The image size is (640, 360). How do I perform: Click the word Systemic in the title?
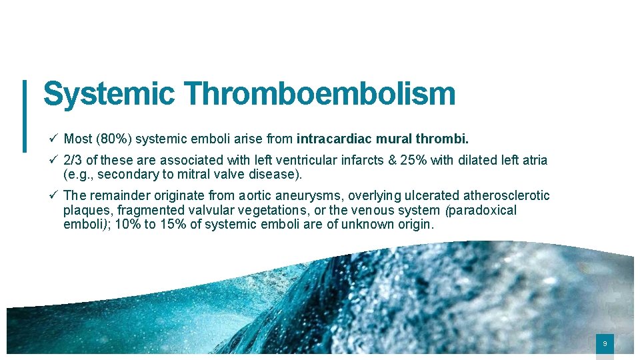[x=108, y=94]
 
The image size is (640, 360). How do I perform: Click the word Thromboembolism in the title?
[x=319, y=94]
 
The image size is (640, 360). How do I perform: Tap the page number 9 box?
[x=605, y=344]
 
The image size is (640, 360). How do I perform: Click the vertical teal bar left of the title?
[x=25, y=115]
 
